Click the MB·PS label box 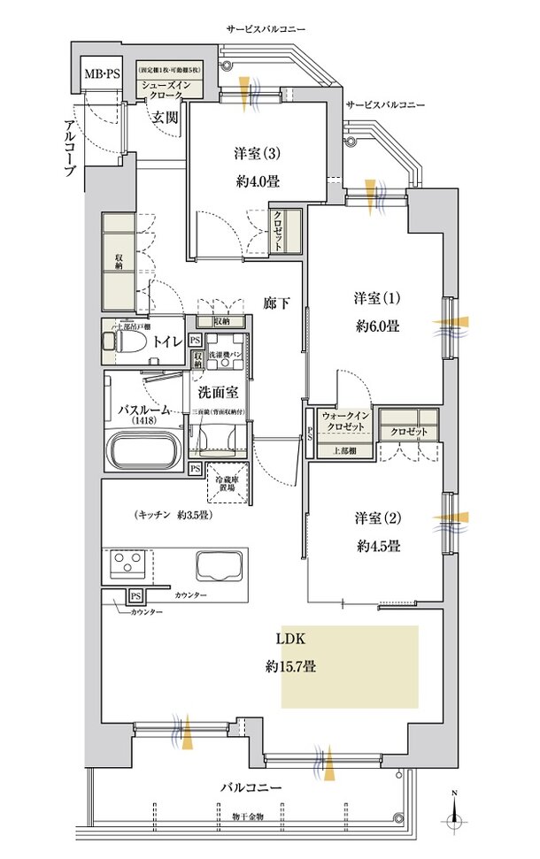click(103, 73)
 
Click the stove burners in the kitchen click(127, 563)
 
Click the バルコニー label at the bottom click(251, 787)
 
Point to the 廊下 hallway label click(277, 303)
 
